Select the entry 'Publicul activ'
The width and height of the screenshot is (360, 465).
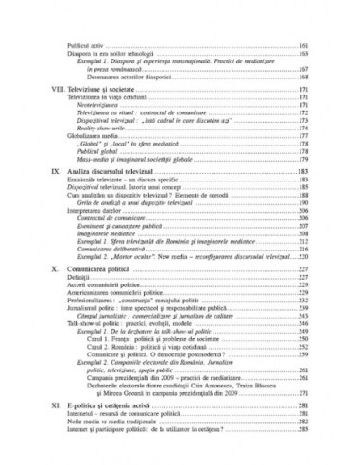[x=91, y=45]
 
